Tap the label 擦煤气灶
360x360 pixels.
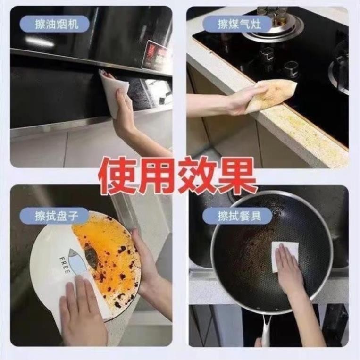tap(239, 24)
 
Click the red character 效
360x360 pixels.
tap(197, 176)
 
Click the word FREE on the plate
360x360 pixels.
tap(65, 265)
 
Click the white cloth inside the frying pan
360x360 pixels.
tap(285, 257)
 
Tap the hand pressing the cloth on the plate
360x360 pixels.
tap(82, 308)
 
